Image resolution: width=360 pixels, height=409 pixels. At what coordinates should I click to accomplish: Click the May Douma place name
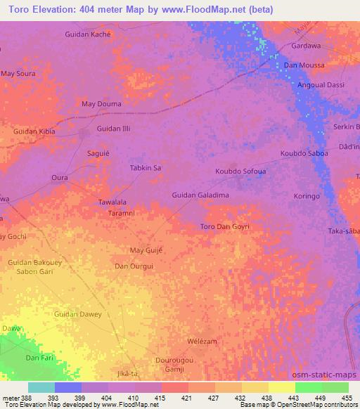tap(101, 104)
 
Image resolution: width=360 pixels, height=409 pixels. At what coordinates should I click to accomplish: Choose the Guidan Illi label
tap(113, 129)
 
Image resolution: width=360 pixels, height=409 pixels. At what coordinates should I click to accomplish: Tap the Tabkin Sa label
tap(146, 168)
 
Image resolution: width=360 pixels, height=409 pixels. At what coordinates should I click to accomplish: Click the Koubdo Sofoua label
tap(240, 171)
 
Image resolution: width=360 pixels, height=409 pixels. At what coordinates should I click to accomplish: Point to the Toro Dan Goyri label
tap(225, 226)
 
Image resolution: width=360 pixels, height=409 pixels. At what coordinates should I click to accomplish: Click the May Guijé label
tap(146, 250)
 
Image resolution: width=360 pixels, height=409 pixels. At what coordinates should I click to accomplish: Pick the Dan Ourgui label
tap(134, 266)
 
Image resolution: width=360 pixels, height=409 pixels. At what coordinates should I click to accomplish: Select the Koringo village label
tap(307, 196)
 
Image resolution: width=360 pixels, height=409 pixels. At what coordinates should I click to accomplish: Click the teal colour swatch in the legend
tap(41, 387)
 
